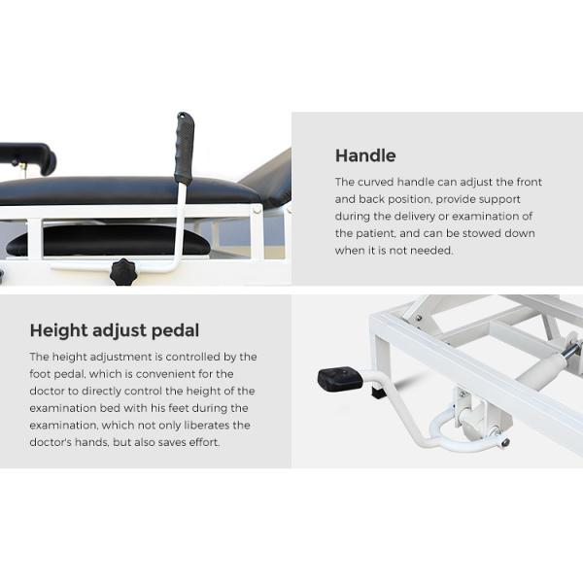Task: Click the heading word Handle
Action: [x=365, y=155]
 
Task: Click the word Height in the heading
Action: [x=58, y=330]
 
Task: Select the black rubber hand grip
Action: [x=185, y=148]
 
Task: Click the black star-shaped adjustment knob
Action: [x=123, y=272]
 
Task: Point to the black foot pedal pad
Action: [x=340, y=379]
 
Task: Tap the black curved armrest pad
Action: [x=29, y=156]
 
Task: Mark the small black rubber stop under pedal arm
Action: [x=377, y=393]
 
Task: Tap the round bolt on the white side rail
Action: [x=257, y=211]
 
